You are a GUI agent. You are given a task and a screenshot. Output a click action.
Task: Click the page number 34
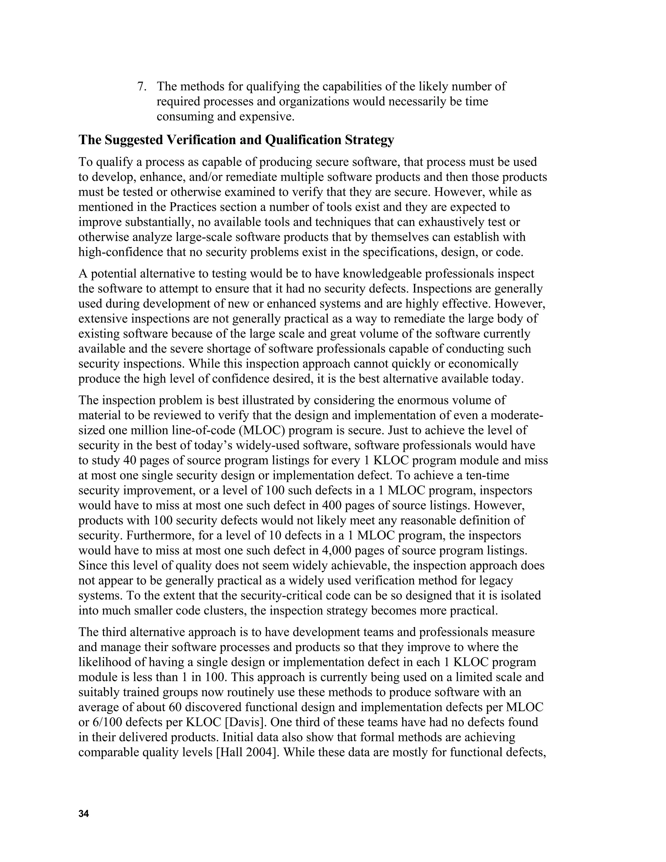click(84, 814)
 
